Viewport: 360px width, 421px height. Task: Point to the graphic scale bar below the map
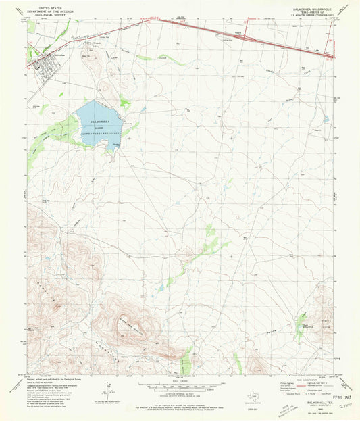pyautogui.click(x=179, y=389)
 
